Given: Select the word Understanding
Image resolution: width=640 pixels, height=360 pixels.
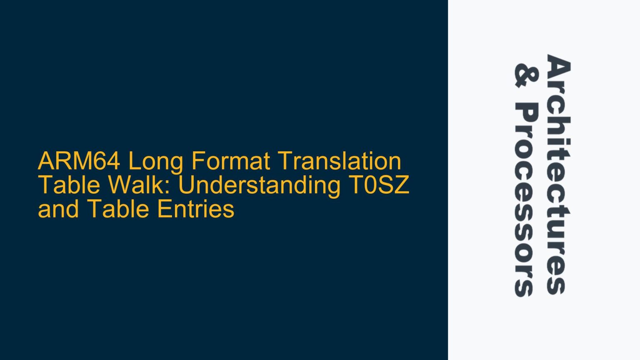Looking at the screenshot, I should [x=259, y=185].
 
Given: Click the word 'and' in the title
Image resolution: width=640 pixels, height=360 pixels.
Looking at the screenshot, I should [x=57, y=209].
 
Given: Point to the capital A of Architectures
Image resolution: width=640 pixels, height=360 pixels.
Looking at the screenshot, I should [x=557, y=66].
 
